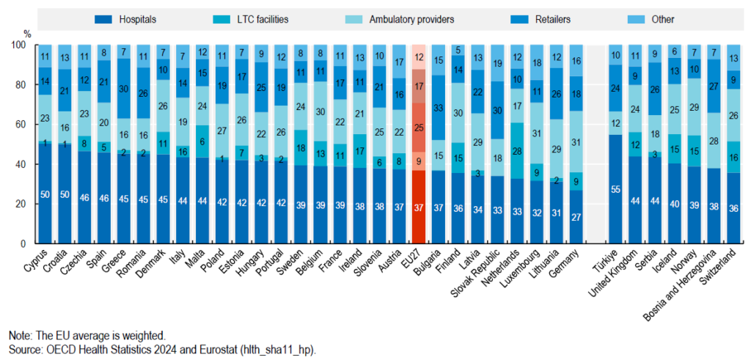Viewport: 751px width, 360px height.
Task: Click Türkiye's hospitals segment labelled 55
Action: tap(615, 189)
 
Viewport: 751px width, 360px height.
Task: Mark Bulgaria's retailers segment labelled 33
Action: tap(439, 108)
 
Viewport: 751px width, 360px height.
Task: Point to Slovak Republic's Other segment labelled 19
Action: tap(497, 64)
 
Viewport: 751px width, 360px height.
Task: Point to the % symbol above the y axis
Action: tap(27, 34)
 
